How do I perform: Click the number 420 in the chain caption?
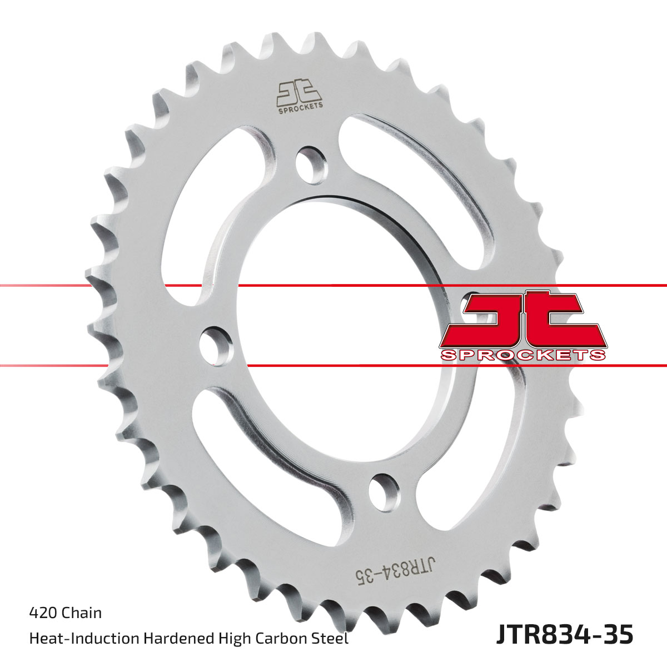pos(43,613)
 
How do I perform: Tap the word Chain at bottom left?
pos(82,613)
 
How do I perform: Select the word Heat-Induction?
pos(84,639)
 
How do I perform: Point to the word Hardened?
pos(180,639)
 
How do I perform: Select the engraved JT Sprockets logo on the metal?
pos(299,98)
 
